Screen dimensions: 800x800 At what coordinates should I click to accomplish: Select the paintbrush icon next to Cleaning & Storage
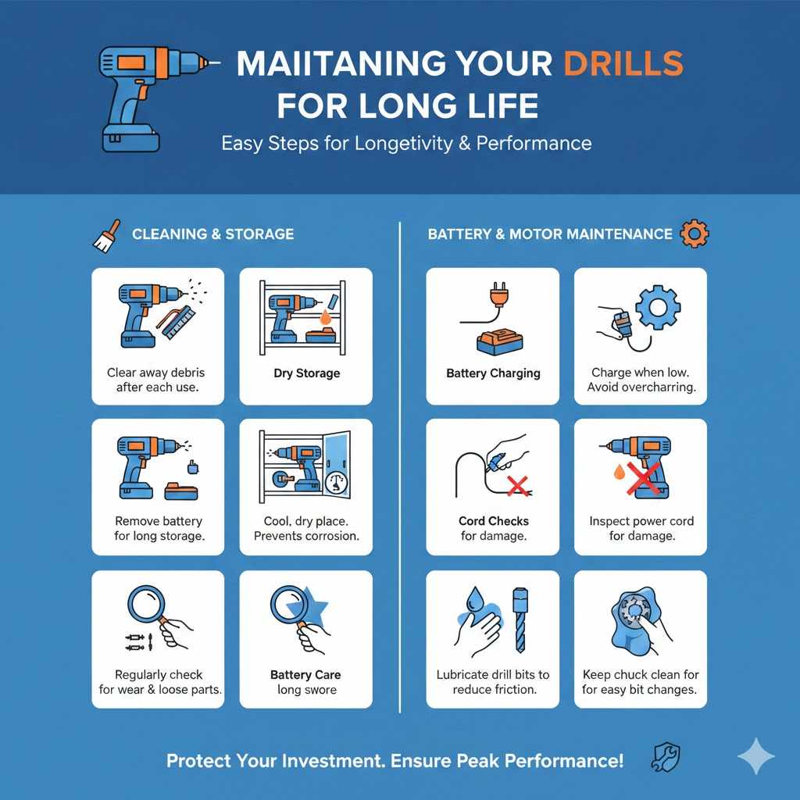[x=106, y=235]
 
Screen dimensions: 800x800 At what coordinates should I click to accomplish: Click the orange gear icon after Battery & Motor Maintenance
[x=694, y=233]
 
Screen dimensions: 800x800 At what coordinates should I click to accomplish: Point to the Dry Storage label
[x=306, y=373]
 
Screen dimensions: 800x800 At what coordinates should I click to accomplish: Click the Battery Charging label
[x=493, y=373]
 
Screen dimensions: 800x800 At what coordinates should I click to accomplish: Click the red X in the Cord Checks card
[x=516, y=488]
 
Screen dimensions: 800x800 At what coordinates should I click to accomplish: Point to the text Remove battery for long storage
[x=159, y=528]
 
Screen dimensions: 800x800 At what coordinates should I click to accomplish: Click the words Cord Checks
[x=493, y=521]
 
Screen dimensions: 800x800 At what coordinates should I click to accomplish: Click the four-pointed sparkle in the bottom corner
[x=755, y=757]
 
